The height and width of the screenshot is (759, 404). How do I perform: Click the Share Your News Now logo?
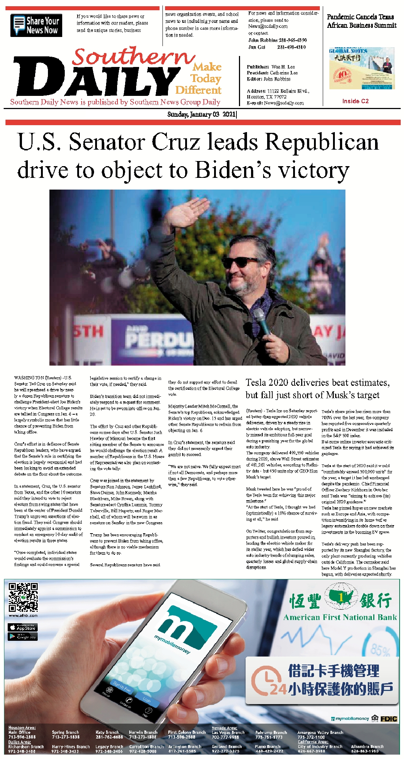(36, 25)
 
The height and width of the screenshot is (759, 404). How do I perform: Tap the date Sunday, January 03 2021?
(202, 115)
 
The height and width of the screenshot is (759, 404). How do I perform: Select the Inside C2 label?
(355, 101)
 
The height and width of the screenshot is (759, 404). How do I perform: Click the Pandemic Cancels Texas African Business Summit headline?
(362, 21)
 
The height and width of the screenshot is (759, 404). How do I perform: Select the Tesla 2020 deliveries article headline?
(317, 389)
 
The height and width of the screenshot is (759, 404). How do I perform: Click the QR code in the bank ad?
(23, 598)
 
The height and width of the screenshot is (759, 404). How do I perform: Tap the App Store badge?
(23, 628)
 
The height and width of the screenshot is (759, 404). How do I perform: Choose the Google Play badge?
(23, 637)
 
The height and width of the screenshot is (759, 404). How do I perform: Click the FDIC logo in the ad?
(389, 719)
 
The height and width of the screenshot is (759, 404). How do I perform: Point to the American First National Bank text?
(340, 618)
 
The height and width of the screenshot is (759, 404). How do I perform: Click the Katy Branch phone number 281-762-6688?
(109, 737)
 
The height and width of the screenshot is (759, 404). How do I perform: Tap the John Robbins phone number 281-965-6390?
(292, 40)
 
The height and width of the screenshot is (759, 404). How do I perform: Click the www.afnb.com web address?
(23, 616)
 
